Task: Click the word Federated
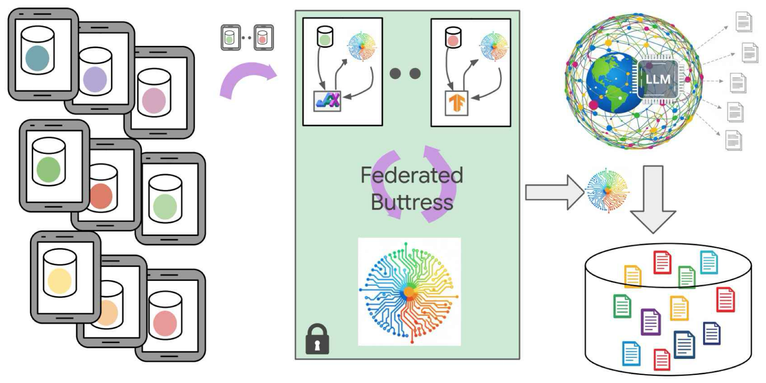tap(412, 175)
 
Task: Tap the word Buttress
tap(412, 202)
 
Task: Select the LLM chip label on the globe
tap(658, 79)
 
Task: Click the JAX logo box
tap(327, 101)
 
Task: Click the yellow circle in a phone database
tap(59, 280)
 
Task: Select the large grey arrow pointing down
tap(653, 199)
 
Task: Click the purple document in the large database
tap(650, 322)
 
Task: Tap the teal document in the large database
tap(709, 262)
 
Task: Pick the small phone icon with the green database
tap(230, 37)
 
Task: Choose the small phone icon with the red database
tap(264, 37)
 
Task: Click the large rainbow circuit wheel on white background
tap(409, 292)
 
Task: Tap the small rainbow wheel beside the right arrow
tap(607, 190)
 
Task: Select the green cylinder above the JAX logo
tap(325, 37)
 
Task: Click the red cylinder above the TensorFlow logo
tap(453, 37)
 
